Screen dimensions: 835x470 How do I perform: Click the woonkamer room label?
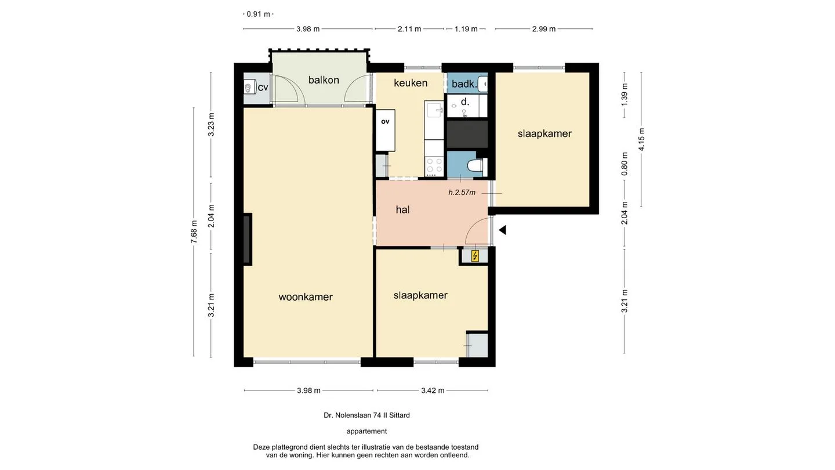point(305,297)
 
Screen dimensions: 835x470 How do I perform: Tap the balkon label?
point(324,80)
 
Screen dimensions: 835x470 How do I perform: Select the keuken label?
point(411,83)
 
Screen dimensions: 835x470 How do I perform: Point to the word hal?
point(402,209)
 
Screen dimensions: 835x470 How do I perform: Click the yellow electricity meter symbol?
point(475,256)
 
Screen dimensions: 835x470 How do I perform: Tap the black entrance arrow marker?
point(503,230)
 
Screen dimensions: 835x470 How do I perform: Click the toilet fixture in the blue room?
point(476,165)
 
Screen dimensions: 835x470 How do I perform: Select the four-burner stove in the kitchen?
point(434,167)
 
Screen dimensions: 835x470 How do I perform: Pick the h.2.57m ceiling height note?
point(462,193)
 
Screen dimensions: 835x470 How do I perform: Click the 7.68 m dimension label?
point(194,232)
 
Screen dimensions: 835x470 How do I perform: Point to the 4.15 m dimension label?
point(641,139)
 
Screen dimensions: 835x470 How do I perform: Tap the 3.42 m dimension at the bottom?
point(433,391)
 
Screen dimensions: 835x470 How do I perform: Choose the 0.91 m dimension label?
point(259,14)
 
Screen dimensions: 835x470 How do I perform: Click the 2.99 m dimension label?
point(544,29)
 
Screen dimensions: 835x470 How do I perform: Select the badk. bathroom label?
point(464,84)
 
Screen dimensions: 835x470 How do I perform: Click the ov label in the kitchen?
point(385,122)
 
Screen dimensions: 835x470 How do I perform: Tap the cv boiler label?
point(263,88)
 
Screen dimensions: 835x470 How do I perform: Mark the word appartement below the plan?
point(367,431)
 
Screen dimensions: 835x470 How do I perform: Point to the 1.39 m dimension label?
point(625,95)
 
